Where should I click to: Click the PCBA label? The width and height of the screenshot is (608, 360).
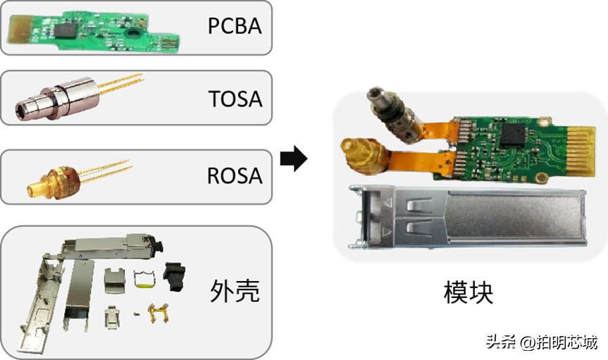(x=235, y=26)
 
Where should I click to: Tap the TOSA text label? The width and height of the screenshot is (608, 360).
(x=235, y=98)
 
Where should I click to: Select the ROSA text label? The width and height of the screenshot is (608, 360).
(x=235, y=174)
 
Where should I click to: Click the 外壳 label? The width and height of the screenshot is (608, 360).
(x=235, y=290)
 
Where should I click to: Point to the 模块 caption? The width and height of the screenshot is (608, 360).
(x=469, y=292)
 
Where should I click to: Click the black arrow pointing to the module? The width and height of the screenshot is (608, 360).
(x=293, y=159)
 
